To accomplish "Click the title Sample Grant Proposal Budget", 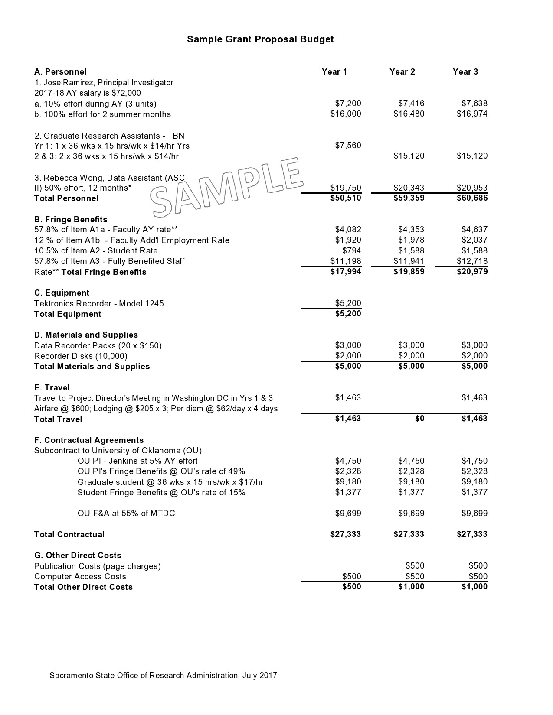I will tap(260, 39).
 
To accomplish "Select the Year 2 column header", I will tap(402, 72).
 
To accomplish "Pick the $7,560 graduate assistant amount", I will tap(348, 146).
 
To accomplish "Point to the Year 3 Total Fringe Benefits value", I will tap(472, 272).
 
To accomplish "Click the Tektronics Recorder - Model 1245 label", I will tap(99, 303).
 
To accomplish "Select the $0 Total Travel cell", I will tap(419, 419).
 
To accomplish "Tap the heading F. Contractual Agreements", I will tap(89, 440).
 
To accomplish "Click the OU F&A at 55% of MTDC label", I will tap(126, 513).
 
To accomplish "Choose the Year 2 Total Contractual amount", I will tap(409, 534).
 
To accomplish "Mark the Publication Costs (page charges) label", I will tap(98, 566).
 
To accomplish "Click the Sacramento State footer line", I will tap(163, 675).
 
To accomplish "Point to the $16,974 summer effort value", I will tap(472, 114).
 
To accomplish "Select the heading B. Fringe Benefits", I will tap(71, 219).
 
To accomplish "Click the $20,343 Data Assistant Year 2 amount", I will tap(409, 188).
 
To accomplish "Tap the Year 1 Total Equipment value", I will tap(348, 314).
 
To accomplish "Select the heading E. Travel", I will tap(52, 387).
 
